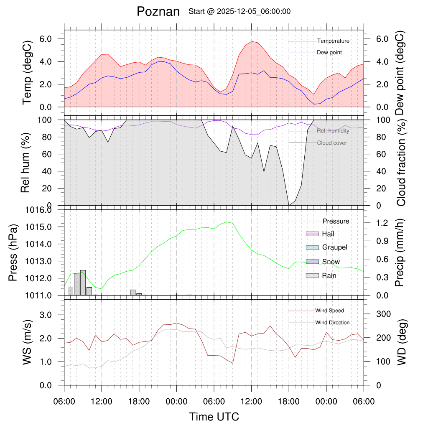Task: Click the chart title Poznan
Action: [158, 12]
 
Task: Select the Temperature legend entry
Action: [333, 41]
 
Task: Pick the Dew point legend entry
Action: [329, 53]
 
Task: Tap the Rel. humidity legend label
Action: [333, 131]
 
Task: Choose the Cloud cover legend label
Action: [332, 143]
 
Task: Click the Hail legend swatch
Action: [313, 234]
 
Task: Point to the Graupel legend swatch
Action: [313, 247]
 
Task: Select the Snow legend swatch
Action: [313, 262]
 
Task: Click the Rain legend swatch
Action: [313, 275]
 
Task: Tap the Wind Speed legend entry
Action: [330, 311]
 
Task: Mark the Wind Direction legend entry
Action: [332, 323]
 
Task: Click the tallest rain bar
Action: [83, 283]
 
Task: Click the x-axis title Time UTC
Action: [214, 417]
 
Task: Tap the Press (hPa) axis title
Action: [13, 253]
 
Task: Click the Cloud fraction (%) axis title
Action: [401, 162]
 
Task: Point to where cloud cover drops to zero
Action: [289, 205]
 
